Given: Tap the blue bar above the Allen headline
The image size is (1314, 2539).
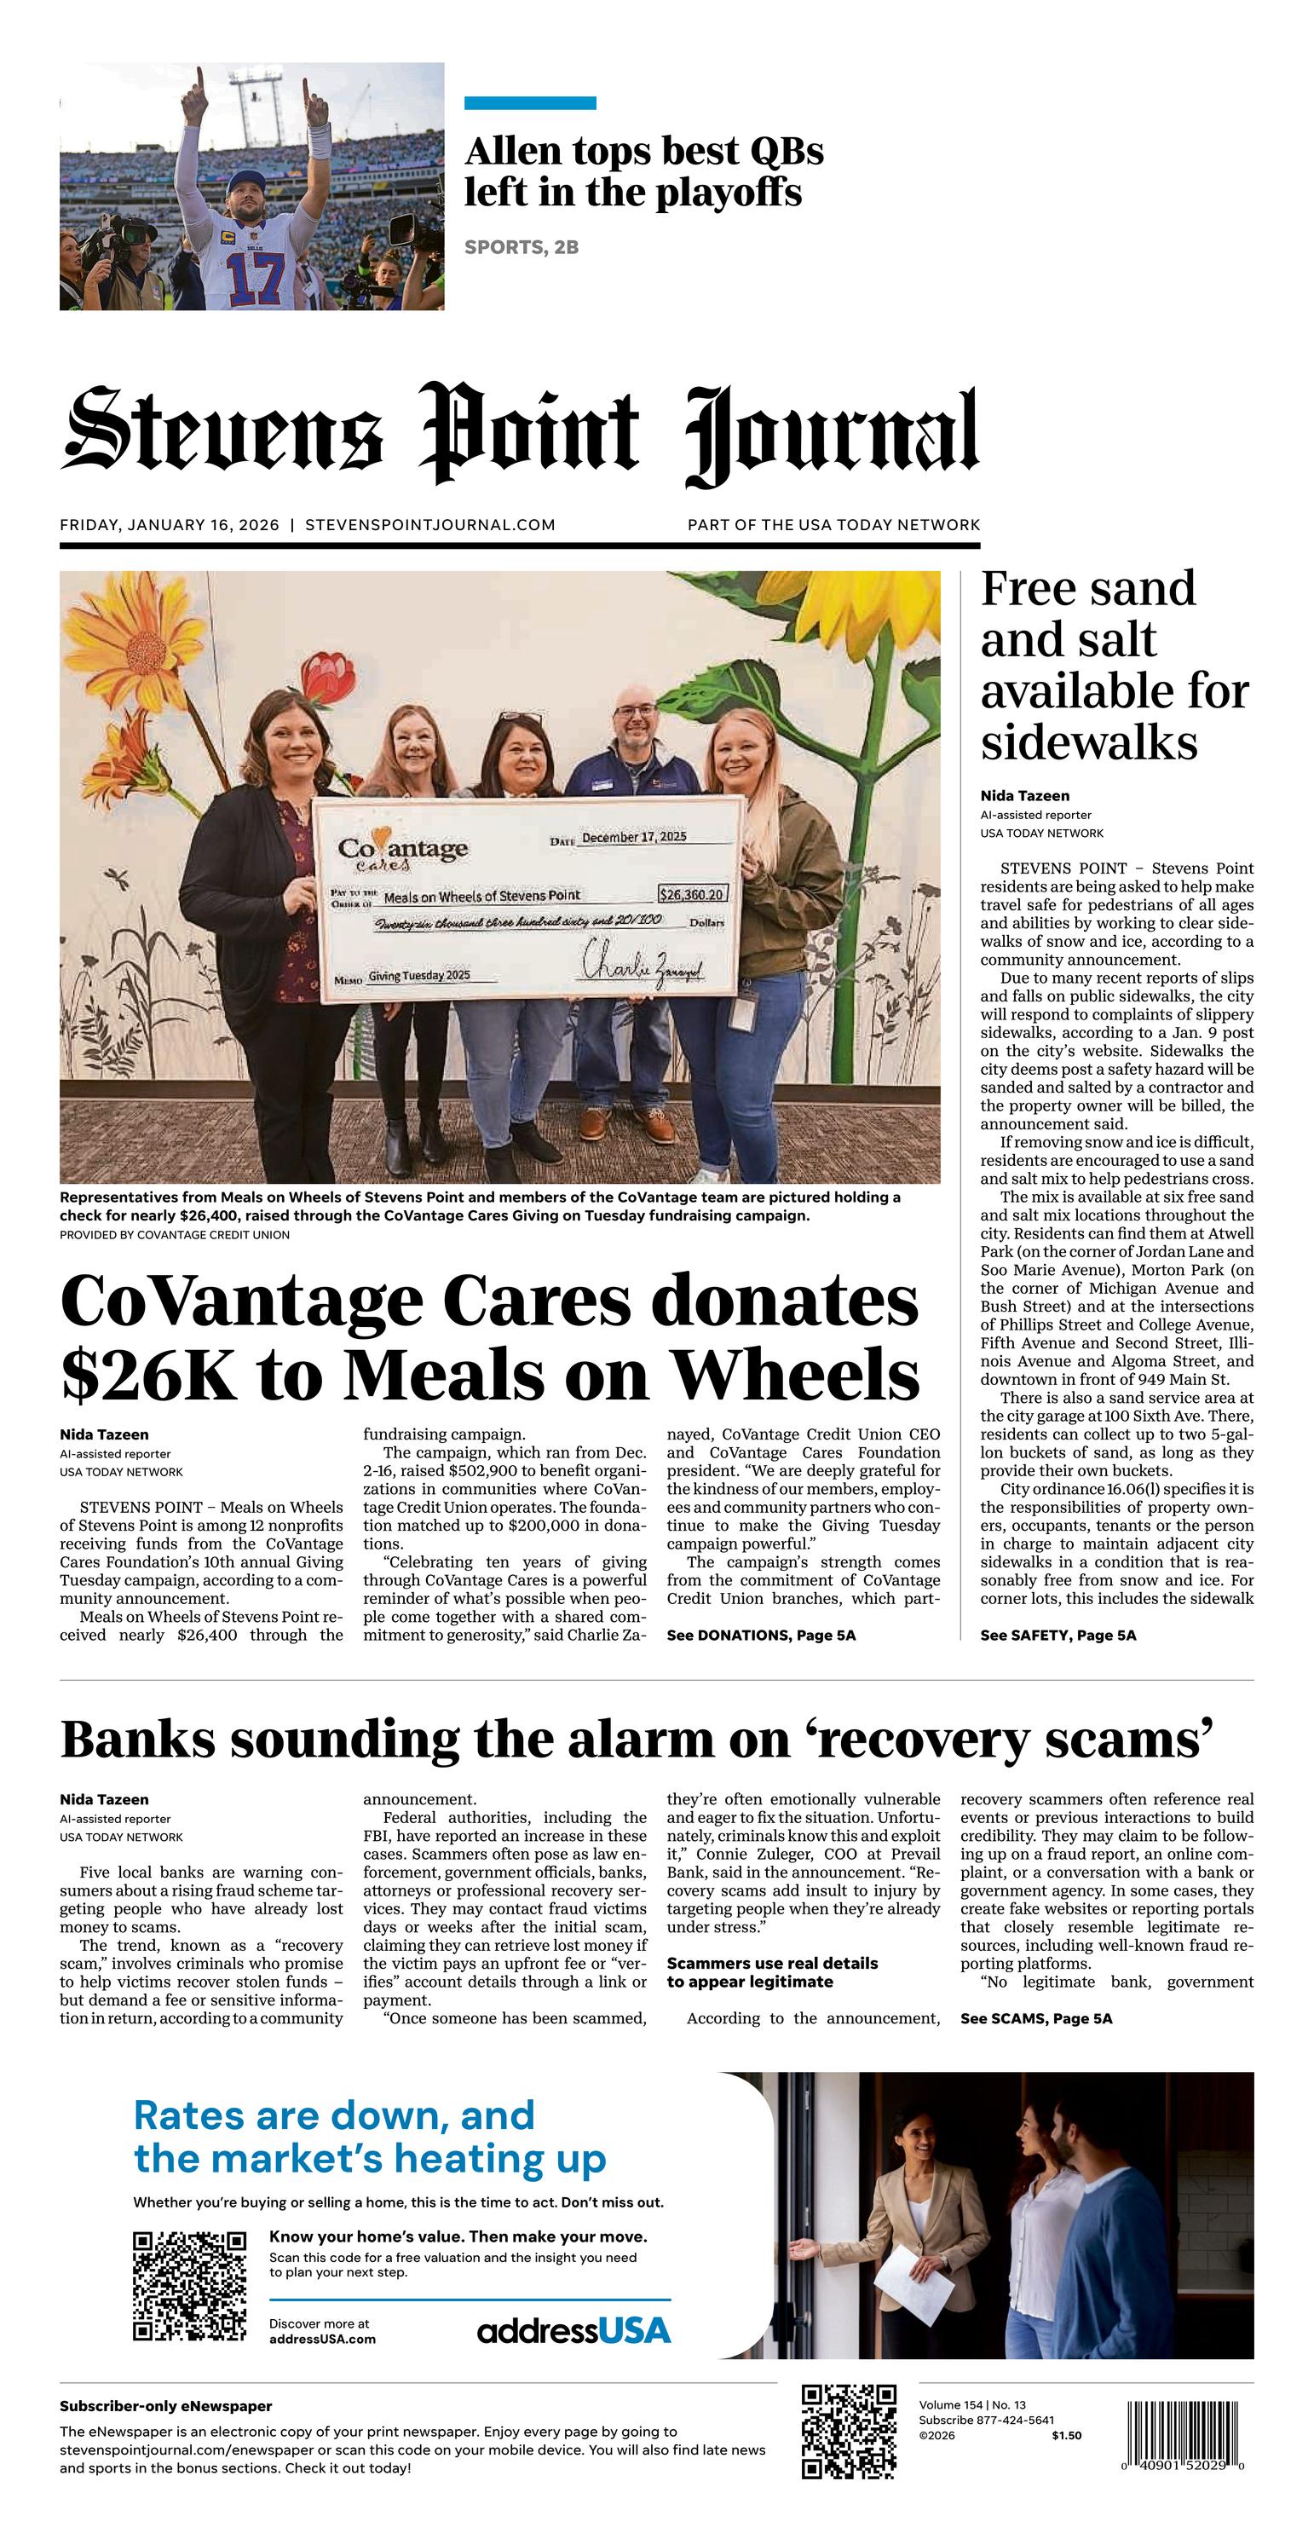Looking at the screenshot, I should click(529, 102).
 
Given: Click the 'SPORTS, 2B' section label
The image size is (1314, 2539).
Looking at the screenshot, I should click(521, 247).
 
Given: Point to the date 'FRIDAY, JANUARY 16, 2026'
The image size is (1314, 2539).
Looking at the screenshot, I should click(170, 525).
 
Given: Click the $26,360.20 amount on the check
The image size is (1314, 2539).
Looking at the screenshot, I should click(692, 894).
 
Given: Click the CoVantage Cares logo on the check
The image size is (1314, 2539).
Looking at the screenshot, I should click(402, 852).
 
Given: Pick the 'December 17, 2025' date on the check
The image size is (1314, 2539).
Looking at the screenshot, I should click(634, 838).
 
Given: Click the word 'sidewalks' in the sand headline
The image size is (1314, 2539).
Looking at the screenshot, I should click(1088, 742).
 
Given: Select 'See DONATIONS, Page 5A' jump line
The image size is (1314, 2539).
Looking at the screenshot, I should click(761, 1636).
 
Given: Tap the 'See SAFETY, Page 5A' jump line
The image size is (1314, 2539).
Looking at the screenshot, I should click(1058, 1636).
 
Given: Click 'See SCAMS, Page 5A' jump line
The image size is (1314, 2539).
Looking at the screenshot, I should click(1036, 2018).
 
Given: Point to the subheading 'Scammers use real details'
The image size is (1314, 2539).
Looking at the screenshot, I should click(772, 1964).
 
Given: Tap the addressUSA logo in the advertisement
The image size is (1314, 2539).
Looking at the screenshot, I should click(573, 2331).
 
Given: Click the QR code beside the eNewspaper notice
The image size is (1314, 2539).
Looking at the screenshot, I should click(849, 2432).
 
